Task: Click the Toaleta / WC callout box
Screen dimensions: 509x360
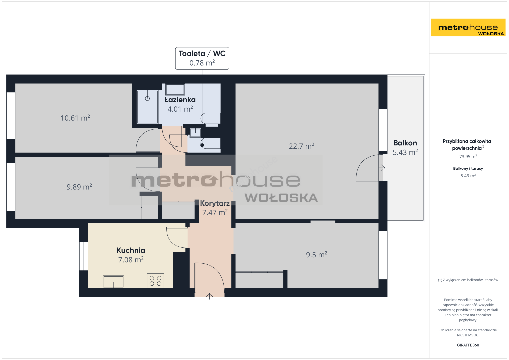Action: click(202, 58)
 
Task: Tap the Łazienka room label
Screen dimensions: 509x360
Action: click(180, 99)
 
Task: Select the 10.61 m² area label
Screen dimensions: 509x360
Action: click(75, 118)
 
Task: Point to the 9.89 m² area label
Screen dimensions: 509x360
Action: click(79, 186)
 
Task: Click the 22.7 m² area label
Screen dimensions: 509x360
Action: click(301, 146)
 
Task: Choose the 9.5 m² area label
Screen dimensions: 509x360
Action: click(316, 254)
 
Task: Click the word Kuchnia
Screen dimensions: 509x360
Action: click(131, 250)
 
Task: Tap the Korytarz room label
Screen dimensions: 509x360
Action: click(215, 203)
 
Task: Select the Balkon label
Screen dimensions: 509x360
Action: click(405, 143)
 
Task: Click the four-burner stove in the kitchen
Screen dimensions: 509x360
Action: click(156, 281)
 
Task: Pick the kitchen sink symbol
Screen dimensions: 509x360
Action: click(114, 282)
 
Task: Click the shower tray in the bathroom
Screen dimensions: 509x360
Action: click(147, 107)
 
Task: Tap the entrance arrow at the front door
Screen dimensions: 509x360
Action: click(209, 296)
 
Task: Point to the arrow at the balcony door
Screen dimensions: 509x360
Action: click(382, 168)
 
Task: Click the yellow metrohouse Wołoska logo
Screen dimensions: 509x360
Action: click(468, 27)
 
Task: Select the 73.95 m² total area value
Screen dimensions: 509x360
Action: click(468, 156)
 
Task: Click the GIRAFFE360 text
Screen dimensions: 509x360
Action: click(468, 345)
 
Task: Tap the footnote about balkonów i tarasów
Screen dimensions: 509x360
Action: click(468, 280)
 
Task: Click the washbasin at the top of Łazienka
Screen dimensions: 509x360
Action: click(175, 89)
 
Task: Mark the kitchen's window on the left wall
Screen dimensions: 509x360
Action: click(84, 256)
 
